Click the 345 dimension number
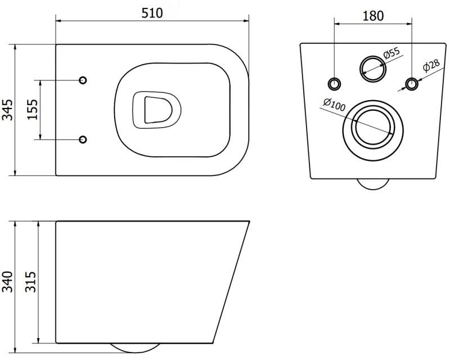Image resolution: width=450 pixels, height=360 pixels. point(7,110)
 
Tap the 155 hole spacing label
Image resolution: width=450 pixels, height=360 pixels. point(32,110)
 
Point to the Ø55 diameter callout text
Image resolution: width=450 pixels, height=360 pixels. point(391,55)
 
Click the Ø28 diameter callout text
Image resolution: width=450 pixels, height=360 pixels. point(431,67)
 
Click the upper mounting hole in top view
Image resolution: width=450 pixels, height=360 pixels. point(83,80)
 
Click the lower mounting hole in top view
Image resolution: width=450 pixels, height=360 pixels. point(83,139)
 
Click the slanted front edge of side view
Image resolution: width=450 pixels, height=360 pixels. point(232,281)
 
